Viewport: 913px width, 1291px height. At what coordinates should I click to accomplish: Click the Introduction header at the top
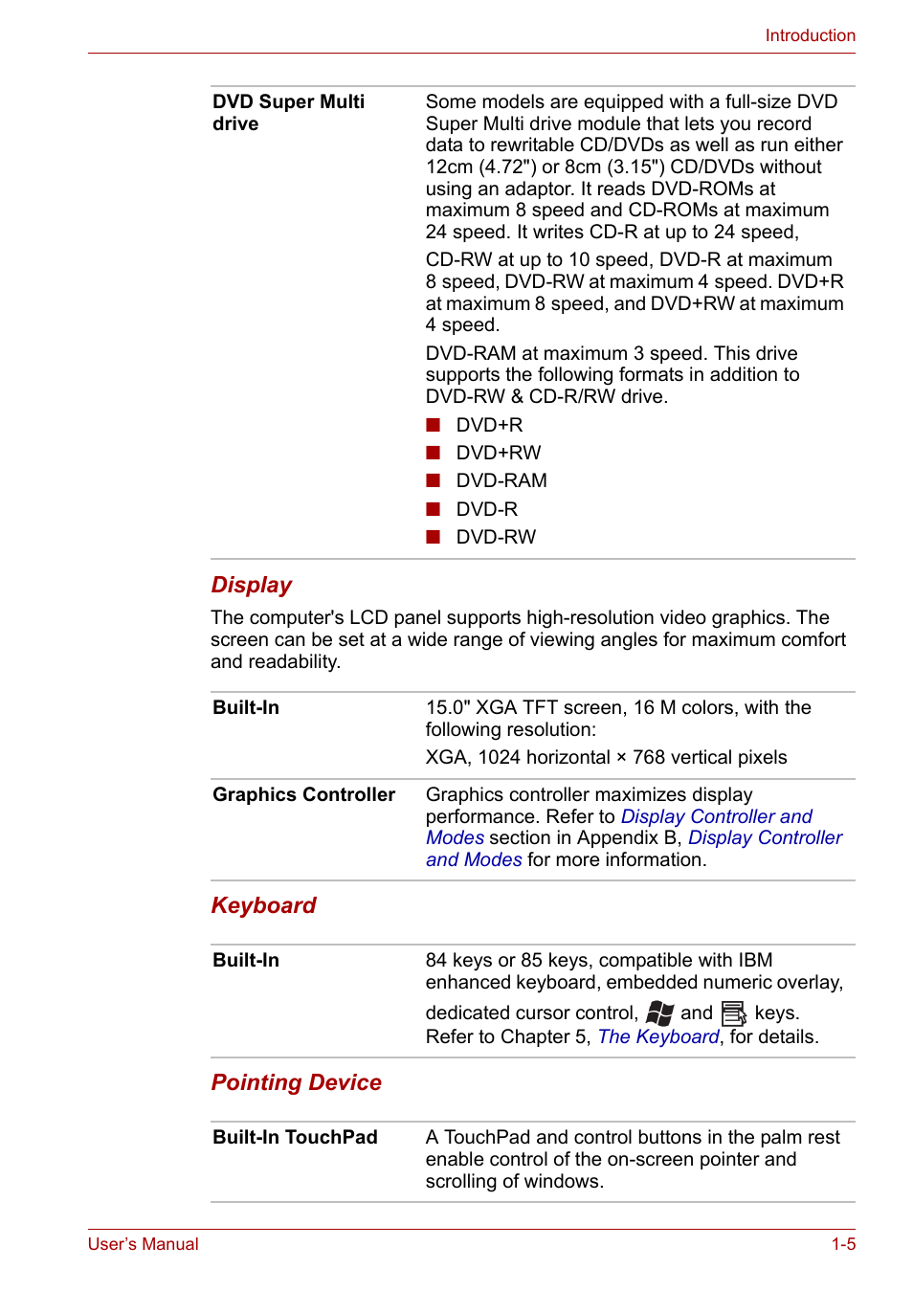(x=810, y=35)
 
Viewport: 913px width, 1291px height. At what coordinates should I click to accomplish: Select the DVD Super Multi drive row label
(x=288, y=113)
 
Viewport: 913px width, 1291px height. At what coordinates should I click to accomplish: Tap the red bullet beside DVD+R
(x=434, y=425)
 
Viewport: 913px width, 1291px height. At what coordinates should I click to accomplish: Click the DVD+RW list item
(x=498, y=453)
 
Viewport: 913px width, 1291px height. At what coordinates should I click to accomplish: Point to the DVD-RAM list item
(x=501, y=480)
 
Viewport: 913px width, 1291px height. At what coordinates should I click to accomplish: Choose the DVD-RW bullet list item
(x=496, y=537)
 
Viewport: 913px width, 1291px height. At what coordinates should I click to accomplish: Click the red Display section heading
(x=252, y=585)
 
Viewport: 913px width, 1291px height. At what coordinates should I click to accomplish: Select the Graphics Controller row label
(x=303, y=794)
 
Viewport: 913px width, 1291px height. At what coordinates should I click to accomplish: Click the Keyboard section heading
(x=263, y=905)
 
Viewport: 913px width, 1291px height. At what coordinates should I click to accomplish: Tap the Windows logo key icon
(x=659, y=1013)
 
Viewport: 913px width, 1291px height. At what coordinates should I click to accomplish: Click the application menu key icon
(x=734, y=1013)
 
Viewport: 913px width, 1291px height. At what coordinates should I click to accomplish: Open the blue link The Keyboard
(x=658, y=1036)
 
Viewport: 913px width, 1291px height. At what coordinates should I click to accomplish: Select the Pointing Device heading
(x=296, y=1082)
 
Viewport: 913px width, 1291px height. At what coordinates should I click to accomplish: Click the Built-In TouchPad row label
(x=295, y=1137)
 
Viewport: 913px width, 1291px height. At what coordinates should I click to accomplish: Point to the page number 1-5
(x=843, y=1244)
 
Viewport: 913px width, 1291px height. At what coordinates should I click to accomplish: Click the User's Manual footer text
(x=144, y=1244)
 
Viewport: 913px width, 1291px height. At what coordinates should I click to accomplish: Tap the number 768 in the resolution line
(x=649, y=757)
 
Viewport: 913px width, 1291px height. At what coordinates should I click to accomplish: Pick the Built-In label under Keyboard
(x=246, y=960)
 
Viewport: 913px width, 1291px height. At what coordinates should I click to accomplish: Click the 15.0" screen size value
(x=447, y=707)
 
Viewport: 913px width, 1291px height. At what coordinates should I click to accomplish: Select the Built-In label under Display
(x=246, y=707)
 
